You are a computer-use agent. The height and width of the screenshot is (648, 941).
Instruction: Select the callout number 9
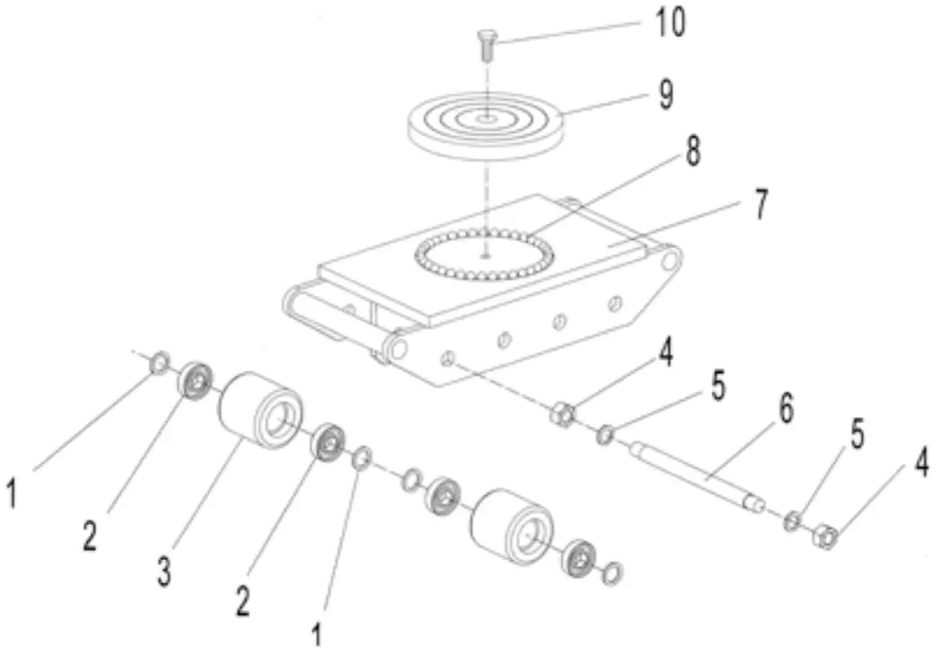click(665, 93)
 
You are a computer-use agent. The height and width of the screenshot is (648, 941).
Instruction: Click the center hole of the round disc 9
click(485, 117)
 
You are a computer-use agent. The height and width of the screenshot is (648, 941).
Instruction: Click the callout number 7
click(760, 204)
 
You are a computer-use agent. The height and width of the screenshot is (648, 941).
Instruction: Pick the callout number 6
click(786, 409)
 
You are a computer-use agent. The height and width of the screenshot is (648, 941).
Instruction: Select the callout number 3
click(164, 572)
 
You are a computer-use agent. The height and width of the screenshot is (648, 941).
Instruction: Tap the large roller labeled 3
click(260, 410)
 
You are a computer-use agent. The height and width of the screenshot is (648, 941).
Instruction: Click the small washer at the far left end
click(158, 362)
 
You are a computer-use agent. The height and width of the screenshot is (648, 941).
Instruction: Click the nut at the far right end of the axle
click(828, 538)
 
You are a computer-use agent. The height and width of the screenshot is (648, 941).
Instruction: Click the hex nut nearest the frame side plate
click(561, 415)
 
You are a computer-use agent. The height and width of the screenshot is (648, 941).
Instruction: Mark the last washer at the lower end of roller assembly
click(614, 570)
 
